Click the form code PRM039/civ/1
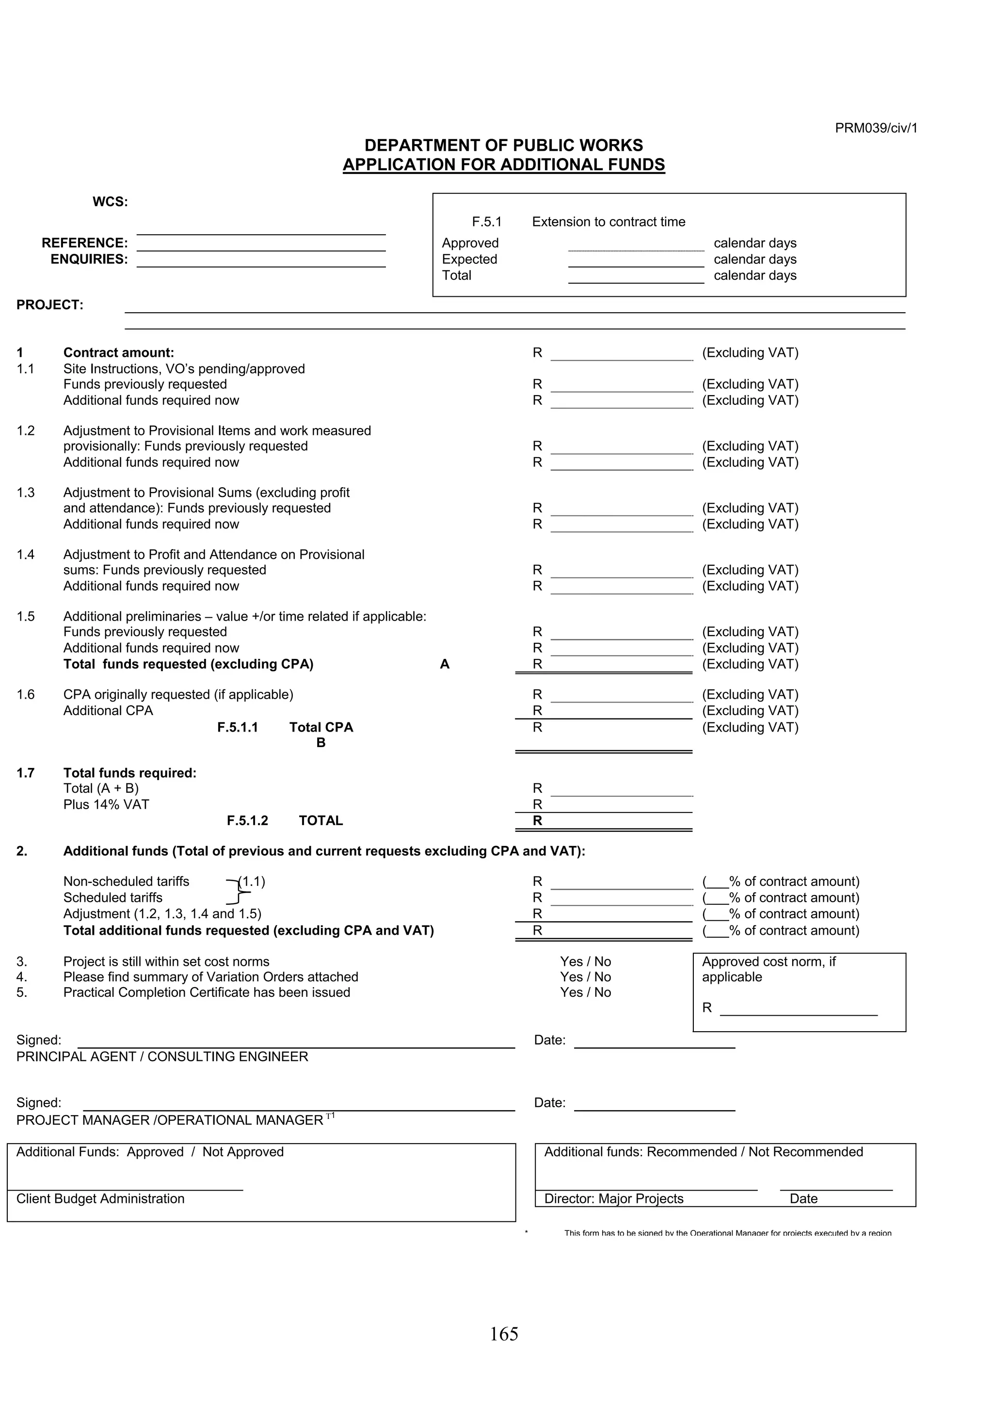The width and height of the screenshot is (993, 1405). click(876, 128)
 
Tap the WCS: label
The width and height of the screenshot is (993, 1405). click(110, 202)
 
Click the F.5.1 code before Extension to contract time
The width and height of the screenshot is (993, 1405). click(486, 222)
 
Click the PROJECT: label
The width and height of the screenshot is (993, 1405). click(49, 305)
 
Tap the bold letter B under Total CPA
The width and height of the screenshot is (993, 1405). click(320, 743)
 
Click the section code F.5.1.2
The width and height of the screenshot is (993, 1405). click(247, 821)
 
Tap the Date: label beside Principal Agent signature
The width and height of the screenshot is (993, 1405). click(549, 1040)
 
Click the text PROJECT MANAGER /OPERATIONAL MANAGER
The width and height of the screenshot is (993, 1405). click(170, 1120)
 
